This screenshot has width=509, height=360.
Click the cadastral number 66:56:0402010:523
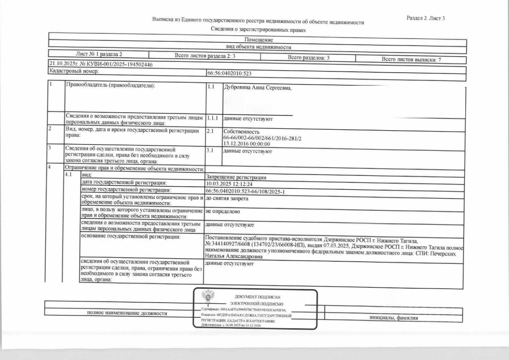(x=229, y=74)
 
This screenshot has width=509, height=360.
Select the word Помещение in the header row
(x=258, y=40)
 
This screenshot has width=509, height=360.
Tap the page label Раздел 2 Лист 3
(x=425, y=18)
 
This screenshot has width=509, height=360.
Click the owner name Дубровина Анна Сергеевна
(x=258, y=88)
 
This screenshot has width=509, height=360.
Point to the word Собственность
(x=241, y=132)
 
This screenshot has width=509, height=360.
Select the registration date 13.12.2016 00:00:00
(x=247, y=144)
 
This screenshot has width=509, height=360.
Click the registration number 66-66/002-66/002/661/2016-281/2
(x=262, y=138)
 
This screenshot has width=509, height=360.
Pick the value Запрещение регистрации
(x=236, y=177)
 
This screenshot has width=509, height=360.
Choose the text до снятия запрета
(x=227, y=198)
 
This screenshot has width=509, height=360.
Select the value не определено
(x=223, y=211)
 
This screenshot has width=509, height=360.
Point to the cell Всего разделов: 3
(x=308, y=58)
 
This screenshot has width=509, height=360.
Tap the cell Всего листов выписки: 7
(x=411, y=60)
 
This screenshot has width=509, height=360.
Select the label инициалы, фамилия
(x=394, y=317)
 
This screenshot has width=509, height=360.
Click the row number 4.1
(x=68, y=175)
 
